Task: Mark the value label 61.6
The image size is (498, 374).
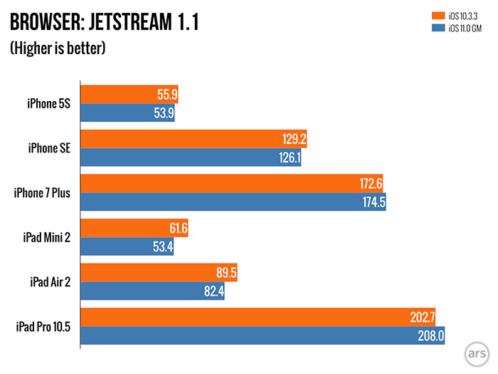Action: coord(174,228)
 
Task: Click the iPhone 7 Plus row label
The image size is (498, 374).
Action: coord(42,192)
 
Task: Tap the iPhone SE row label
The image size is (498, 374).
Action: coord(48,148)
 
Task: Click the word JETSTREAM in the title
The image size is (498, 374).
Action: coord(130,23)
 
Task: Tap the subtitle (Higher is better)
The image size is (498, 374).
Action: coord(58,48)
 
